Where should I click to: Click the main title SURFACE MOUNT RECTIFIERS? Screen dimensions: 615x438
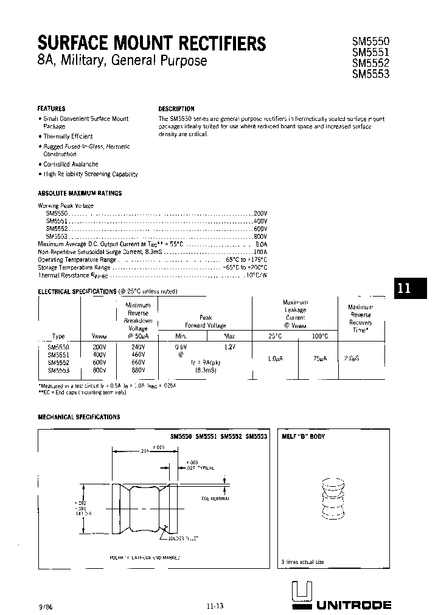[x=151, y=43]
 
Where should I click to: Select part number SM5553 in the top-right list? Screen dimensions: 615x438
[x=371, y=74]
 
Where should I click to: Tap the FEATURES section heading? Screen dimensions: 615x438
[x=52, y=108]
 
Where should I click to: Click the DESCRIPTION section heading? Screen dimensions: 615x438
[x=176, y=109]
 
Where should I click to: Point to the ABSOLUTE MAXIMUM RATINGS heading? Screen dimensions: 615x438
[x=80, y=193]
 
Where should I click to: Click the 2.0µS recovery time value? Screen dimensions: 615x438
[x=352, y=358]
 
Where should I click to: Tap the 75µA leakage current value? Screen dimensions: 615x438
[x=321, y=359]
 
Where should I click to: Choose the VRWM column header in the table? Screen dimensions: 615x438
[x=99, y=336]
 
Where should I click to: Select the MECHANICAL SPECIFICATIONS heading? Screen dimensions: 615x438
[x=79, y=417]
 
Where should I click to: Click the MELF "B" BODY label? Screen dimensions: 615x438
[x=303, y=436]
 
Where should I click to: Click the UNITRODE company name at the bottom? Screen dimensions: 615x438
[x=352, y=605]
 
